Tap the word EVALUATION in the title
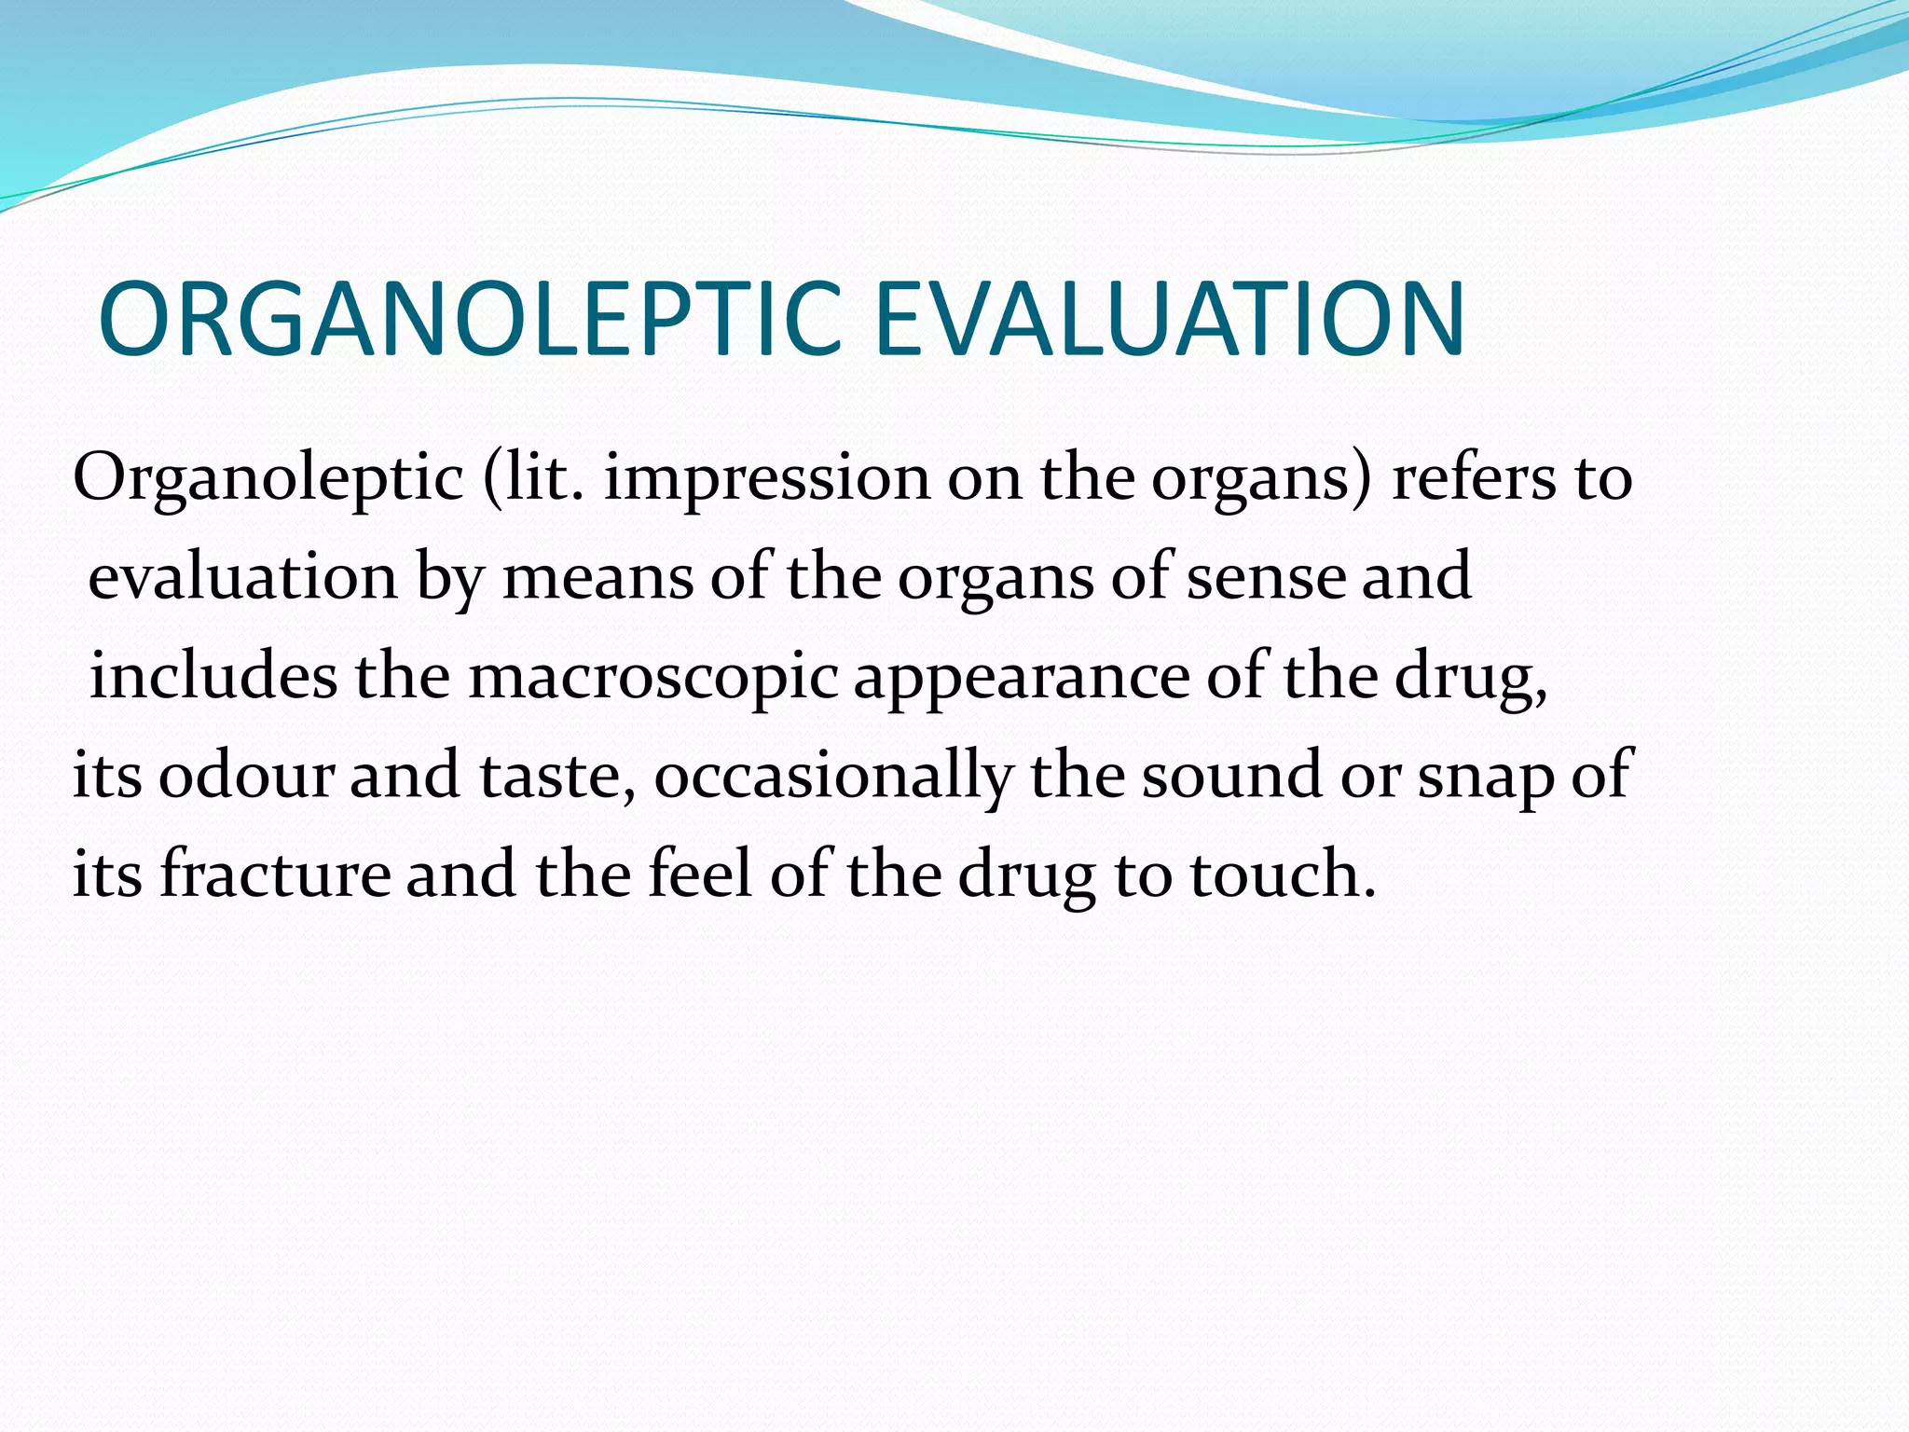tap(1170, 319)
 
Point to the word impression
tap(766, 478)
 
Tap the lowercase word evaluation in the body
tap(243, 577)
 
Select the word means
tap(597, 577)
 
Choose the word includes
tap(213, 676)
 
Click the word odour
tap(245, 776)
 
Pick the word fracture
tap(276, 874)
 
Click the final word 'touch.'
tap(1283, 874)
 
